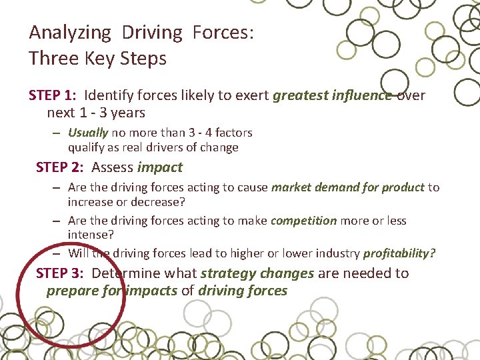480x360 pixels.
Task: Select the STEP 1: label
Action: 53,95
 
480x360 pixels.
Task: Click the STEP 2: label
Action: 60,167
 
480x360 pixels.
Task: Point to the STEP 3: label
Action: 60,273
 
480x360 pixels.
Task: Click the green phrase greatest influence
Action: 332,95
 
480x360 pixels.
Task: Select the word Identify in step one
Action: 109,95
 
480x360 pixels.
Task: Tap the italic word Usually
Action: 88,133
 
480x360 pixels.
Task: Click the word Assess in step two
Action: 112,167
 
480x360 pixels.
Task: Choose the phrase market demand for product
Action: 347,187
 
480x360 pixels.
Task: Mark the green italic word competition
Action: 304,221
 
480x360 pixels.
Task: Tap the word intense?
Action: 90,234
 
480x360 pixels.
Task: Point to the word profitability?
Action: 399,253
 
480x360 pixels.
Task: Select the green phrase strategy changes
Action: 257,273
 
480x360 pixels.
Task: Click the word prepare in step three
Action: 71,291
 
